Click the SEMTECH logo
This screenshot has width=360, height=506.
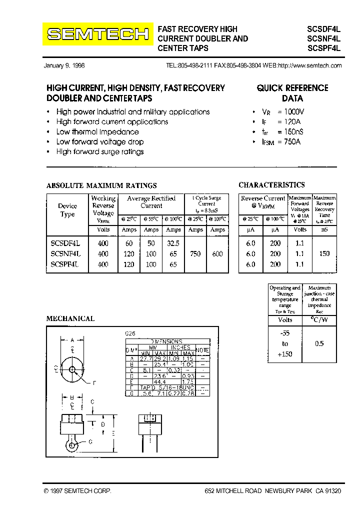[97, 34]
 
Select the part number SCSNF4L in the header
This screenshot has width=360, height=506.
[323, 38]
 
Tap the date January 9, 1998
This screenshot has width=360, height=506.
[64, 66]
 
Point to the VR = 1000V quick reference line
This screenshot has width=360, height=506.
[284, 112]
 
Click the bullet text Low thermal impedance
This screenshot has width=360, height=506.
[97, 132]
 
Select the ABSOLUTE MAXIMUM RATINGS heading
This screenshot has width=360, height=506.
[101, 185]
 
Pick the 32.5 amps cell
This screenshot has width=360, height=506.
[173, 243]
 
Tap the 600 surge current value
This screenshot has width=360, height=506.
[217, 254]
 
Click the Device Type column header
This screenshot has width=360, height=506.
[67, 210]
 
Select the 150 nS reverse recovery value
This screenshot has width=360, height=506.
[324, 254]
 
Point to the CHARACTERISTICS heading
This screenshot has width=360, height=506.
[271, 185]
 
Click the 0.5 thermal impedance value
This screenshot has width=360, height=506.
[319, 343]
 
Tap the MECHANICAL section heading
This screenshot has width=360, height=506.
[70, 318]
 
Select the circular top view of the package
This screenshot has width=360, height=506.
[73, 370]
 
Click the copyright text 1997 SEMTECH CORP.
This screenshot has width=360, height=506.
[78, 491]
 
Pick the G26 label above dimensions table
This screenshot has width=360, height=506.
[130, 333]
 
